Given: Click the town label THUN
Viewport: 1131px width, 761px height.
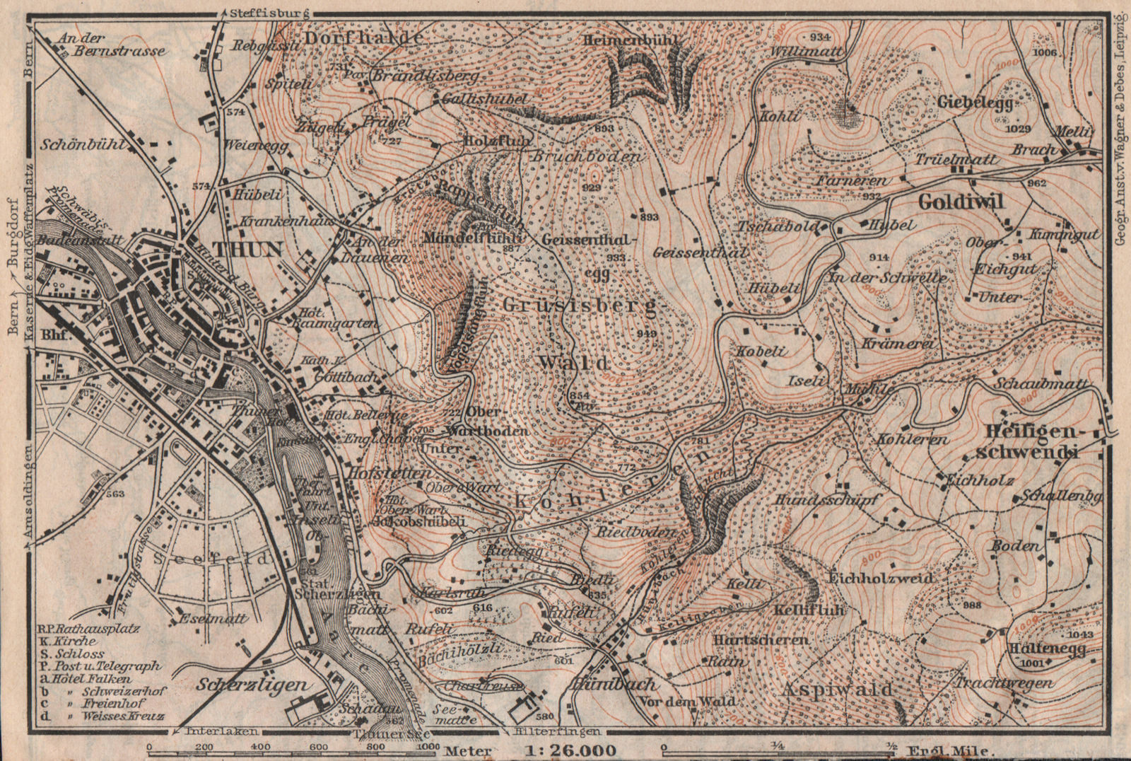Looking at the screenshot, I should [238, 250].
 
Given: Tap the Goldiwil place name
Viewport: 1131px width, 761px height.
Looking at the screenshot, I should [961, 202].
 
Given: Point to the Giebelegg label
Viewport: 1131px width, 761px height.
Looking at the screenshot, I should [979, 103].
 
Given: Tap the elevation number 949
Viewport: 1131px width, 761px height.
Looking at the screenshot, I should [646, 333].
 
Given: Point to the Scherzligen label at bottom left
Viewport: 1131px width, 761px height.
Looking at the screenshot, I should [252, 685].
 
